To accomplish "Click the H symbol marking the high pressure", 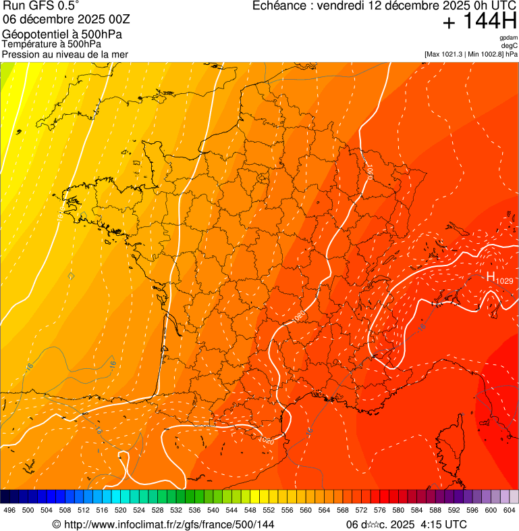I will (491, 276).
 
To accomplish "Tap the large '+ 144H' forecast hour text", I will (479, 22).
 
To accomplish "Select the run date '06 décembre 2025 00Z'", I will (71, 19).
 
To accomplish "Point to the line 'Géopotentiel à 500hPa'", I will (62, 34).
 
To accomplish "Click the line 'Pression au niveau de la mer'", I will (65, 54).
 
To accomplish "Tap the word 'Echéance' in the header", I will (280, 6).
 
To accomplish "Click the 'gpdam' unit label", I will (508, 38).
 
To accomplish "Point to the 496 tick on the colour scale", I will (9, 510).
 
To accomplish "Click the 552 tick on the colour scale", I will (269, 510).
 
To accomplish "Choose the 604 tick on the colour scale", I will (509, 510).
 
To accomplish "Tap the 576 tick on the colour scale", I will (379, 510).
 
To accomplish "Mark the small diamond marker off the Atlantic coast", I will (72, 276).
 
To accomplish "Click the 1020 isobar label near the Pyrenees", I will (266, 440).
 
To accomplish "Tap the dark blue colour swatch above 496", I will (9, 497).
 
